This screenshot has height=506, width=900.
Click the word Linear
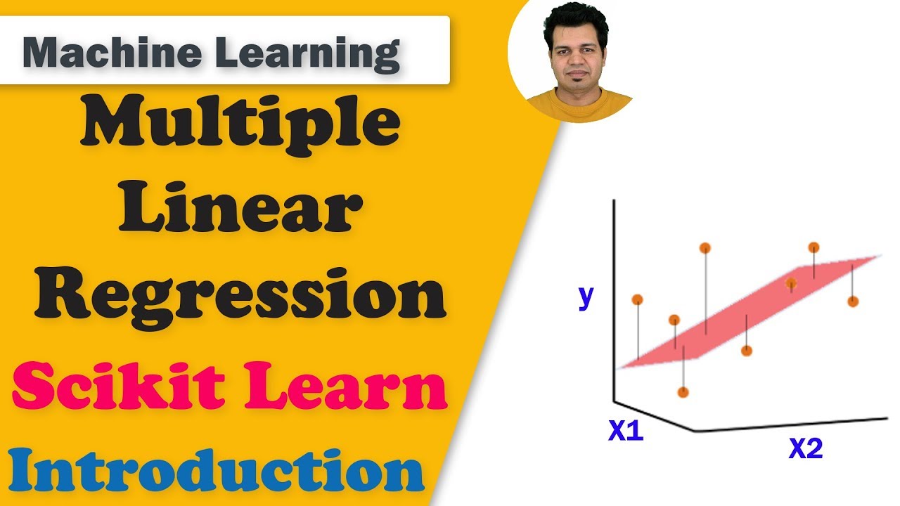(240, 209)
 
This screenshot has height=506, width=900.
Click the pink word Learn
(345, 389)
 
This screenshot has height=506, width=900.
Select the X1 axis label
(625, 432)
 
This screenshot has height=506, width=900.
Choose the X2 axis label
(805, 448)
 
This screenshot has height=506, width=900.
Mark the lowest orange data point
(682, 392)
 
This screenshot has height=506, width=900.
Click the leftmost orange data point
(637, 299)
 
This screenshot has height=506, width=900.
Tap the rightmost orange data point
(853, 301)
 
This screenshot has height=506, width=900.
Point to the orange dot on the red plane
(791, 284)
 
